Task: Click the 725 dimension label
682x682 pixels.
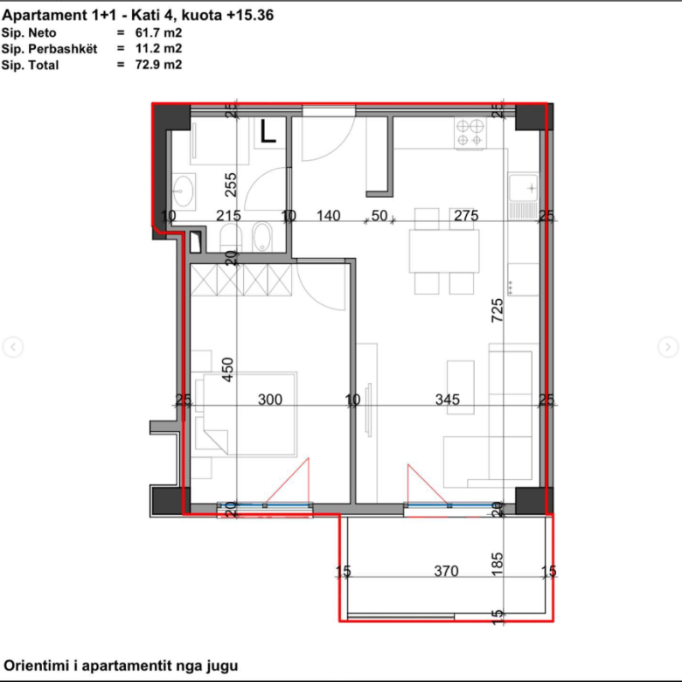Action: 498,310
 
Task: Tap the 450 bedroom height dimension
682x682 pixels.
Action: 227,370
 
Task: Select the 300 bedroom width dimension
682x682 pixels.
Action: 270,400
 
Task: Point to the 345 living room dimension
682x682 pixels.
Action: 448,400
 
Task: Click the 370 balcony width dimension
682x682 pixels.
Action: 446,571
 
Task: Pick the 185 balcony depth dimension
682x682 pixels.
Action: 498,564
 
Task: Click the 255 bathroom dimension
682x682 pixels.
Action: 231,184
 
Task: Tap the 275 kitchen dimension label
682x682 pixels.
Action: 466,216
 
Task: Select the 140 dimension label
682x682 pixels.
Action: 329,216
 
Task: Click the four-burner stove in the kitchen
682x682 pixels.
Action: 470,133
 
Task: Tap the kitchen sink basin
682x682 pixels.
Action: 523,187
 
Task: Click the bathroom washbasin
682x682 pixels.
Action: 184,191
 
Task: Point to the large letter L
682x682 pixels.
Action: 268,131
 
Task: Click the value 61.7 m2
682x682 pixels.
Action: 158,32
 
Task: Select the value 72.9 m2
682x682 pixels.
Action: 158,65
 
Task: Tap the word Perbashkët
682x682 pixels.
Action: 63,49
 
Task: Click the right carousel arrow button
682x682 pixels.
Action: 668,347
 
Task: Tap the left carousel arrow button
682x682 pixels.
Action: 13,347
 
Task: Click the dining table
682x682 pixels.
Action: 444,251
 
